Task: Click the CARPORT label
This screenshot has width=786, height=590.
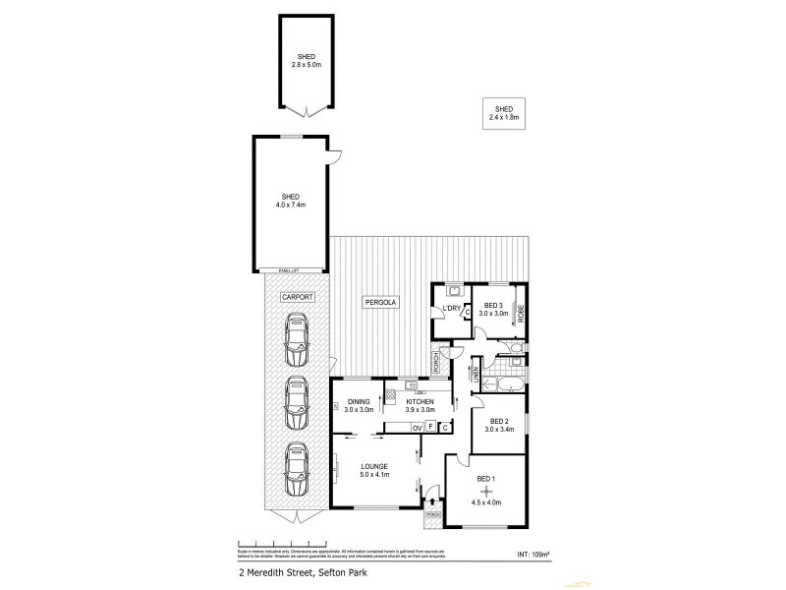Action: coord(296,296)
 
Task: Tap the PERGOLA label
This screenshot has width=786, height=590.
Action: coord(380,302)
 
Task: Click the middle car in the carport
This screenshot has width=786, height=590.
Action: coord(296,402)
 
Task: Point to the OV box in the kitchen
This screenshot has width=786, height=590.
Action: coord(417,428)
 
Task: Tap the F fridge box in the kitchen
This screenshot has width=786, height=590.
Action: coord(431,428)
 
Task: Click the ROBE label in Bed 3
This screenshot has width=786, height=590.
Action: coord(521,314)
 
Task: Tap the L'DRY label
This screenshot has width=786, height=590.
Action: coord(451,309)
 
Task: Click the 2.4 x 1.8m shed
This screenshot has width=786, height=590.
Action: coord(503,113)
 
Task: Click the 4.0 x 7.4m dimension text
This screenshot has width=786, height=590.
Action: coord(291,206)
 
